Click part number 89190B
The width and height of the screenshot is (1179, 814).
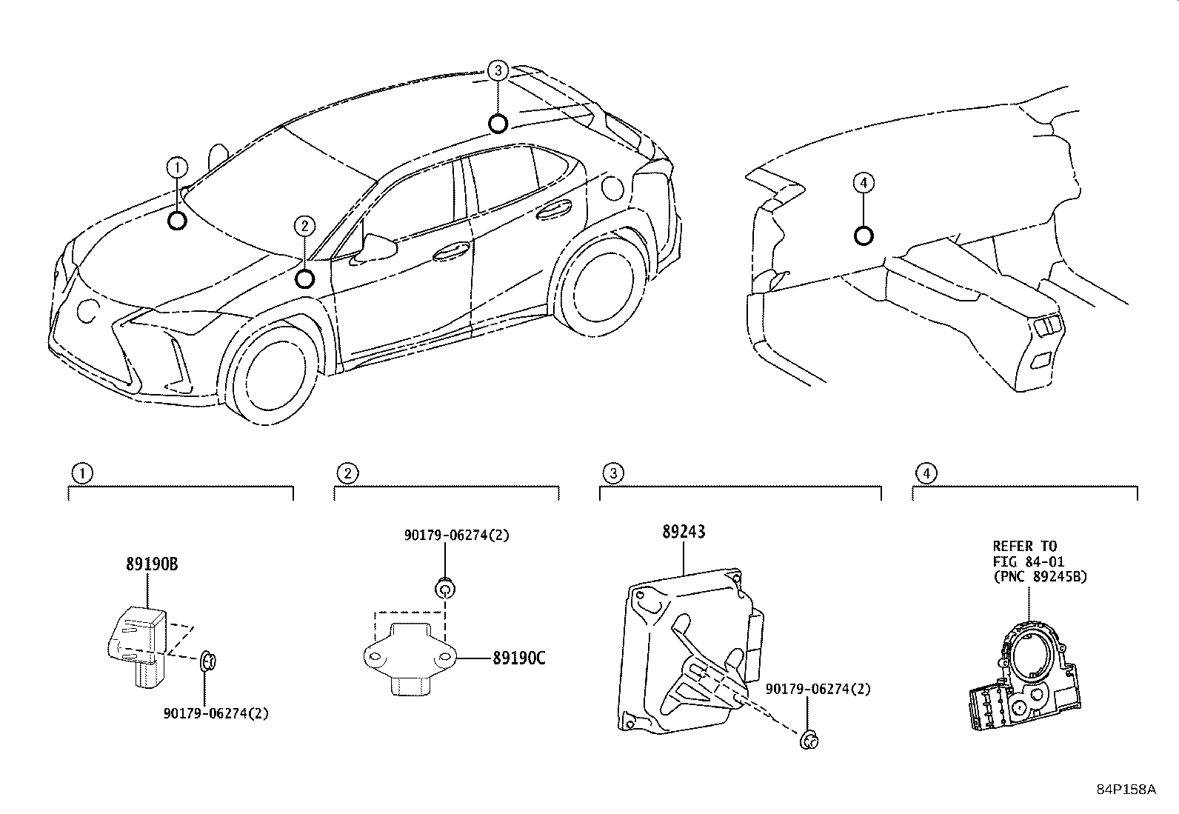[x=151, y=564]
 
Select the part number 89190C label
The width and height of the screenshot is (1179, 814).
[x=518, y=657]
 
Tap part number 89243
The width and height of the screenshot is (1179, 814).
[x=683, y=532]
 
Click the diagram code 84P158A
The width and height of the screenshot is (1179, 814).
[x=1126, y=789]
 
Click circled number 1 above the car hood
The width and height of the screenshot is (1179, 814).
[x=177, y=168]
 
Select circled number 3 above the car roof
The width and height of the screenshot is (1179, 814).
[x=498, y=71]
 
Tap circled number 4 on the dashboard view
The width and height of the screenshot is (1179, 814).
[x=864, y=182]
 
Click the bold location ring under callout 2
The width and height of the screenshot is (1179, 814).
[x=304, y=278]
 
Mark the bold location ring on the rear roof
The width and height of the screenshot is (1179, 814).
[x=498, y=123]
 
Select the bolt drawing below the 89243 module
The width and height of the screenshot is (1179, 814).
[x=810, y=738]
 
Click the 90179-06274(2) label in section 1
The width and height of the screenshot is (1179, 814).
[x=216, y=713]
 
